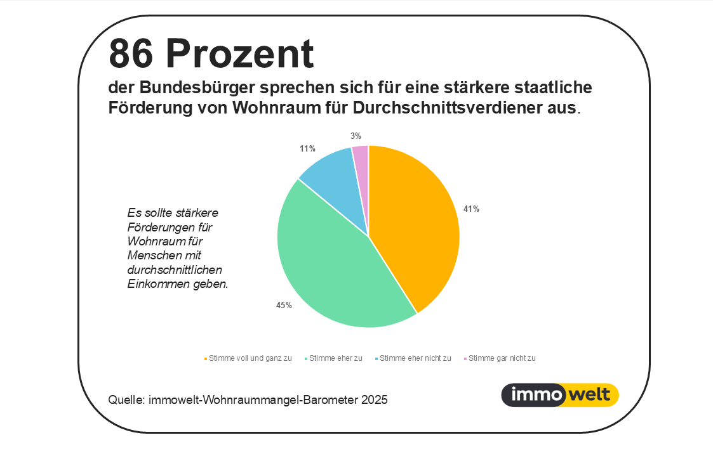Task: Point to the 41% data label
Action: (x=471, y=209)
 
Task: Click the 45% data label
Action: (x=284, y=306)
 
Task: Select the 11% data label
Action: (x=307, y=148)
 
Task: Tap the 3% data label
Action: (x=356, y=136)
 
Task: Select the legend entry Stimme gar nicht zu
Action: (x=502, y=358)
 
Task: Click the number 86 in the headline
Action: (x=132, y=54)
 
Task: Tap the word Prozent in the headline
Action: (x=241, y=54)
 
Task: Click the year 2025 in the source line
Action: (x=374, y=400)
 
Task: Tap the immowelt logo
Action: (x=560, y=395)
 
